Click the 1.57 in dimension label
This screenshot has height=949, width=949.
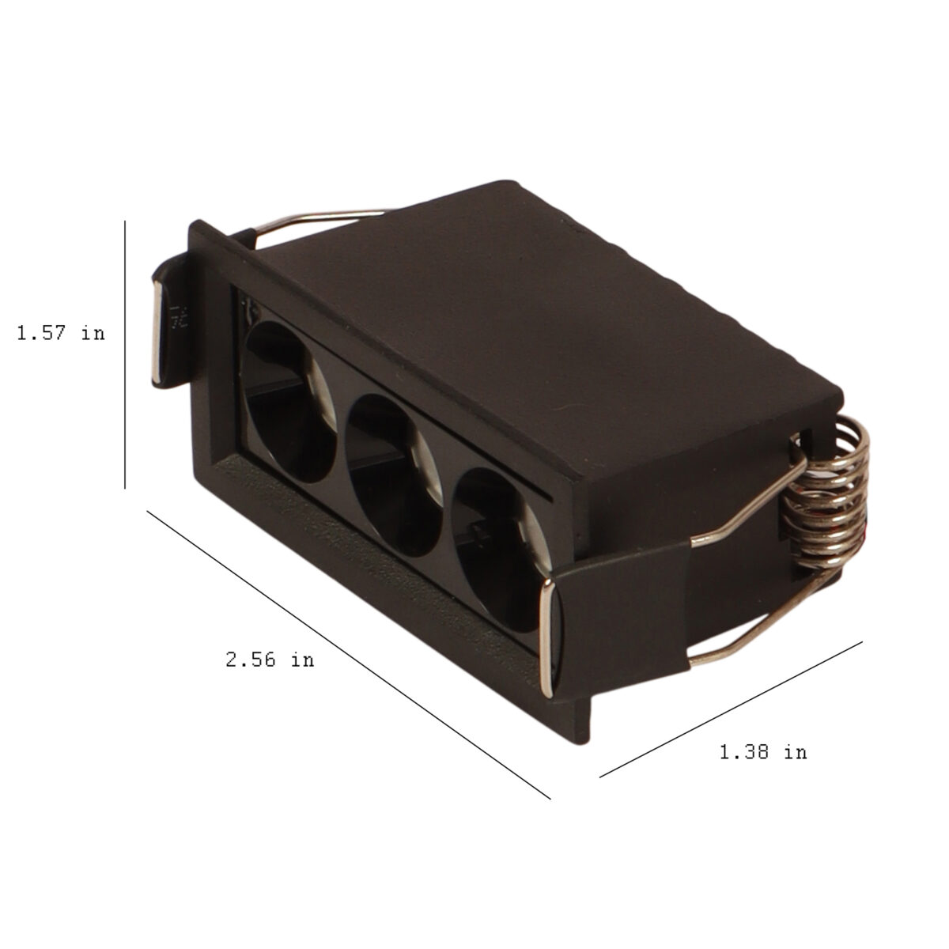pyautogui.click(x=61, y=334)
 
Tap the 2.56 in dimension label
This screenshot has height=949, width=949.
pyautogui.click(x=270, y=660)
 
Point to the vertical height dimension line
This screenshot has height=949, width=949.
pyautogui.click(x=125, y=354)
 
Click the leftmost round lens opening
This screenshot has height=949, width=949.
pyautogui.click(x=290, y=402)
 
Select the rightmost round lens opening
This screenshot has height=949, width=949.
pyautogui.click(x=500, y=549)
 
